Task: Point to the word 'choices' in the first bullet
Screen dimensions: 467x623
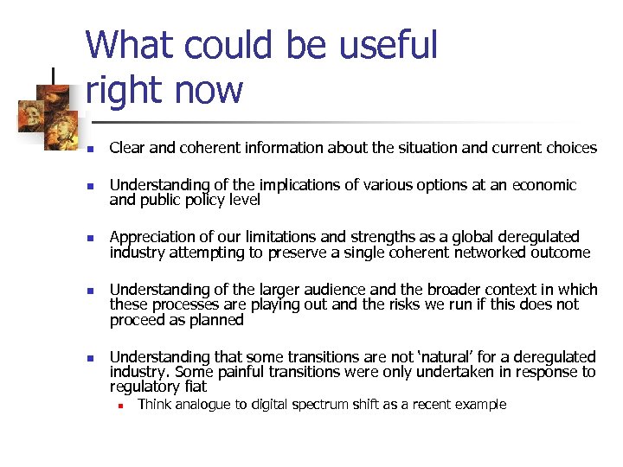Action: click(x=568, y=148)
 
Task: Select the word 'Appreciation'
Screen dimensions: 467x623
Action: click(x=151, y=237)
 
